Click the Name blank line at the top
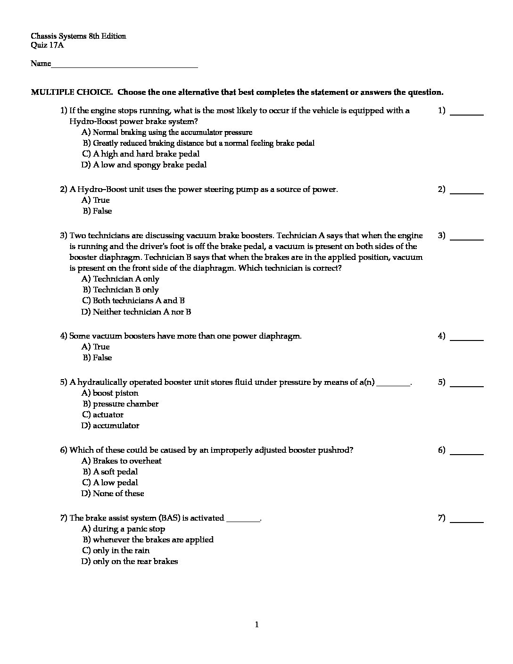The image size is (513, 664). (124, 66)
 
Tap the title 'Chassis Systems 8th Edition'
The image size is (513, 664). (78, 36)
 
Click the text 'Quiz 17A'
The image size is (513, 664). (47, 45)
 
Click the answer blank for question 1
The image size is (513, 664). (467, 114)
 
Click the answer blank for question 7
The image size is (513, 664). (467, 521)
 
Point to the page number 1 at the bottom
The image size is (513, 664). (256, 625)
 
